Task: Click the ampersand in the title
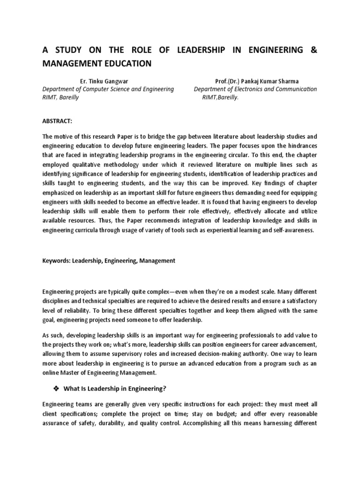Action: (314, 50)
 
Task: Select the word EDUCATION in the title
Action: (125, 63)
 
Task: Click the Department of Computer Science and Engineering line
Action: (108, 89)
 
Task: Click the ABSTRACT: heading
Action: (57, 121)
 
